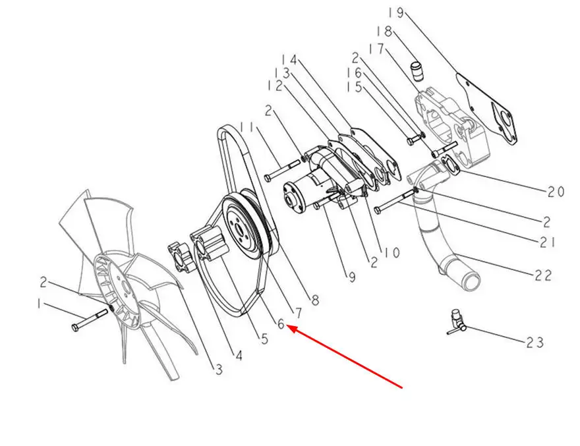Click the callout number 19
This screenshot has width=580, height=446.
(x=396, y=13)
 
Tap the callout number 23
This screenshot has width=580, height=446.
(x=535, y=343)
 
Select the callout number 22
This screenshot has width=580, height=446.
(x=543, y=275)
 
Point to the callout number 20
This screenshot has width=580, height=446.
(x=556, y=191)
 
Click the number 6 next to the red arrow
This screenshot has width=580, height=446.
(x=281, y=324)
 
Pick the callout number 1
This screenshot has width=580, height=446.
(x=38, y=305)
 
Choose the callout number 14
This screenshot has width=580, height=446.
(x=289, y=61)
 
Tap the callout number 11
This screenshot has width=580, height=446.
(x=247, y=127)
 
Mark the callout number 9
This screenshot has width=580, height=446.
(x=352, y=277)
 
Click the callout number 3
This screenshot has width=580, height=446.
(x=219, y=369)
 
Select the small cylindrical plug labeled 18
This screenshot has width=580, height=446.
(x=417, y=72)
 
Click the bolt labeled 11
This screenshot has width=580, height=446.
(x=282, y=170)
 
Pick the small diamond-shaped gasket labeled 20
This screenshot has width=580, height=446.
(x=449, y=165)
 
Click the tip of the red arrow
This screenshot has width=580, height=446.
(x=287, y=326)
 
